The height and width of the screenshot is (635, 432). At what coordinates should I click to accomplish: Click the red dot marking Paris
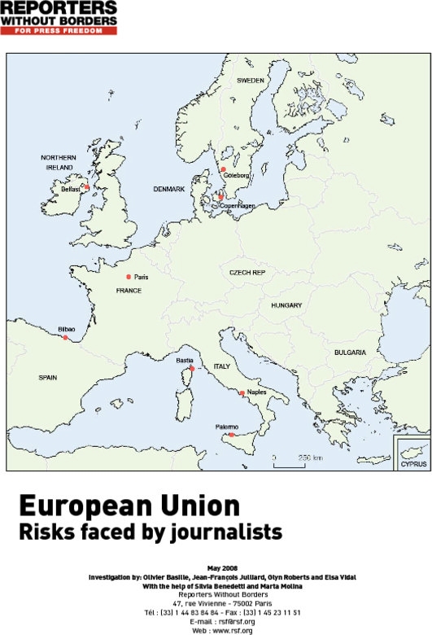coord(129,277)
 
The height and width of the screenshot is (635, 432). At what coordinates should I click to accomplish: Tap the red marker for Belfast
coord(86,186)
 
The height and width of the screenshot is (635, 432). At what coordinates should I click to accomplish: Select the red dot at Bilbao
coord(66,337)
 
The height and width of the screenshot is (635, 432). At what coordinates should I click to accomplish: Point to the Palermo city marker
coord(232,436)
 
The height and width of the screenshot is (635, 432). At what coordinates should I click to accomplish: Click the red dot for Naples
coord(242,393)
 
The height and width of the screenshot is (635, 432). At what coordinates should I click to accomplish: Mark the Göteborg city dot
coord(223,170)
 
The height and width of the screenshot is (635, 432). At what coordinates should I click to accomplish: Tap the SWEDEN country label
coord(251,81)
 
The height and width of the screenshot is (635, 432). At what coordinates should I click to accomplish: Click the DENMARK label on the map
coord(170,189)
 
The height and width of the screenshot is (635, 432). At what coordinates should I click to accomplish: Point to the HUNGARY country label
coord(286,305)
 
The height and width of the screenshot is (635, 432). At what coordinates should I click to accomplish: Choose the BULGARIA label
coord(350,353)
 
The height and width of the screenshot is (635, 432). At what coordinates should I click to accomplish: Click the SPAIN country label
coord(50,378)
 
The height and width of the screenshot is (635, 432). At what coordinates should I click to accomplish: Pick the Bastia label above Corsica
coord(185,359)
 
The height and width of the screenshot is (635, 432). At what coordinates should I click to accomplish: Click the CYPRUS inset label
coord(412,464)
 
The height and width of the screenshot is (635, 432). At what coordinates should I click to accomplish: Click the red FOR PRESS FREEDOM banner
coord(59,30)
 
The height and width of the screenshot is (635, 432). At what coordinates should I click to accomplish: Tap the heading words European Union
coord(129,506)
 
